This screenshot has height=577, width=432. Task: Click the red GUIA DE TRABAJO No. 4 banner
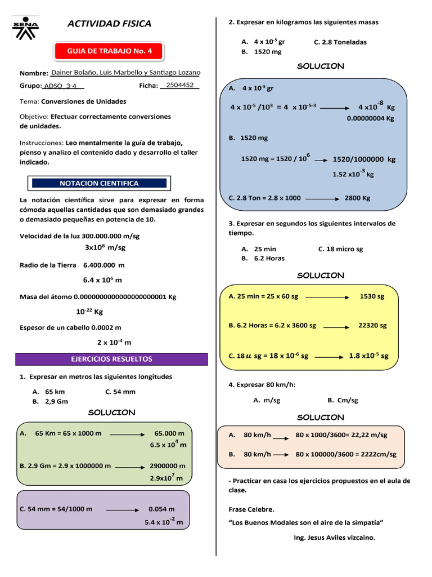110,51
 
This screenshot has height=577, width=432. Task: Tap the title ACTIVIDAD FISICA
109,24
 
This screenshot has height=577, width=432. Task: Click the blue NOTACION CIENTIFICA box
99,183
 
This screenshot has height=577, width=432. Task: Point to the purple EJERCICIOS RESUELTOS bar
111,359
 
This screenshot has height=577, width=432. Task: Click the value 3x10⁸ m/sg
105,247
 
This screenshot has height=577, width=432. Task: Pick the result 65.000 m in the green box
169,433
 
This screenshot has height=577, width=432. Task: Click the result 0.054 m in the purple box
161,509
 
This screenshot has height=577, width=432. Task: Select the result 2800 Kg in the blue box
357,198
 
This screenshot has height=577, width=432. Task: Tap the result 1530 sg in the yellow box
372,296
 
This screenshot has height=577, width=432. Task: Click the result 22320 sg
372,325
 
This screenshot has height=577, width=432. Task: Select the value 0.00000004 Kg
371,118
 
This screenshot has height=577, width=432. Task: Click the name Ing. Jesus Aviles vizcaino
334,537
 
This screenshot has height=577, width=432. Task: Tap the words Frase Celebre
251,509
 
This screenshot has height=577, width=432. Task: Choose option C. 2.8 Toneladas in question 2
340,42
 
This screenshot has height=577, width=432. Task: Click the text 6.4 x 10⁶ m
102,280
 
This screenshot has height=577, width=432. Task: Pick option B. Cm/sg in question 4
343,400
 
